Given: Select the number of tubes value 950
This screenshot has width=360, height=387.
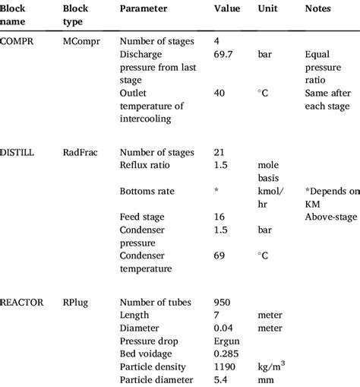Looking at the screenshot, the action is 223,302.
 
